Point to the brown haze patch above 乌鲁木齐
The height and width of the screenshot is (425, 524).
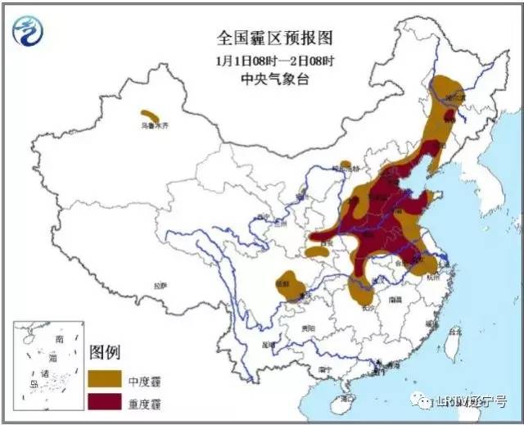point(150,115)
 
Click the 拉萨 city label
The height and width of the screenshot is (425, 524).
point(160,286)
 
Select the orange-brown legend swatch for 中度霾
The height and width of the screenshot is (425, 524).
point(105,380)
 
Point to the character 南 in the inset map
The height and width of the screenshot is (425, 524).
point(59,339)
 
